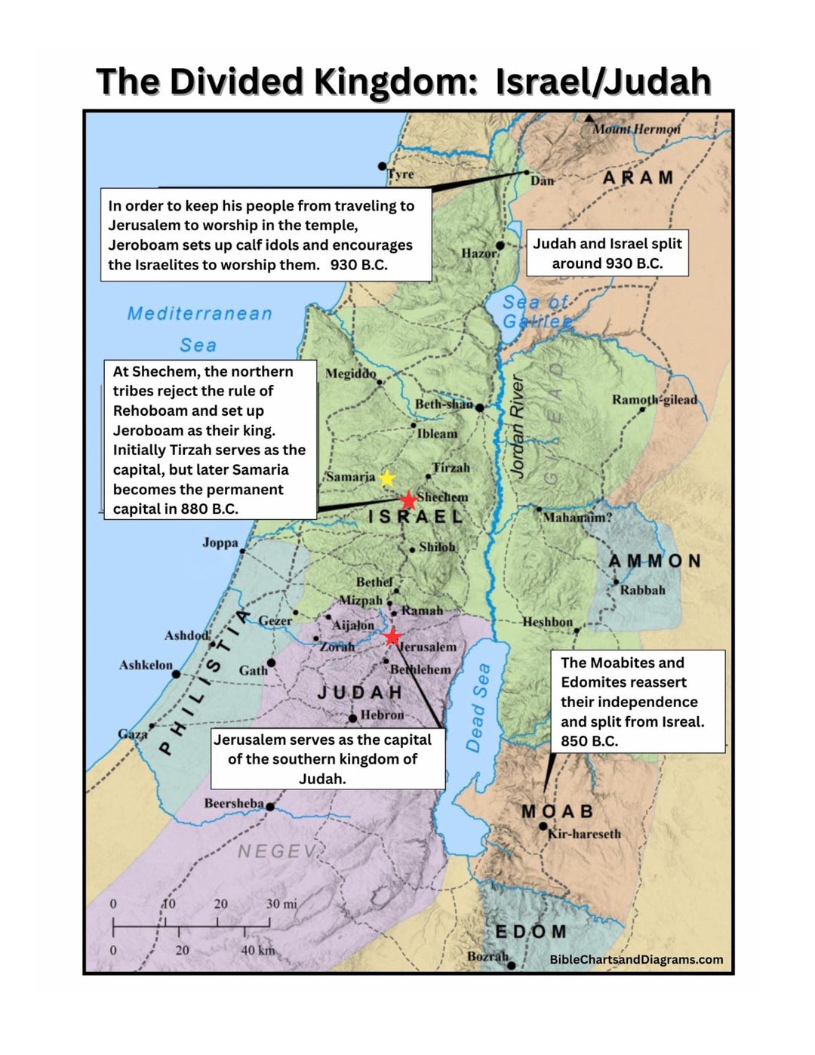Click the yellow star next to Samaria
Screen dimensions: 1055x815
pyautogui.click(x=386, y=478)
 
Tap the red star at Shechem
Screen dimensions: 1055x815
pyautogui.click(x=408, y=500)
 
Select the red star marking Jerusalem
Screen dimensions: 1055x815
pyautogui.click(x=392, y=638)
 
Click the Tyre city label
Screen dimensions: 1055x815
pyautogui.click(x=401, y=174)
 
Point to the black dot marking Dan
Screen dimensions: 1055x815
pyautogui.click(x=527, y=173)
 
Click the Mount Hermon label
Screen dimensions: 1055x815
pyautogui.click(x=636, y=129)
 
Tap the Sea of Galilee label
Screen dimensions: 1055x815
pyautogui.click(x=537, y=311)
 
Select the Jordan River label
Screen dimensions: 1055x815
pyautogui.click(x=518, y=426)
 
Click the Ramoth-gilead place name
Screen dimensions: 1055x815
pyautogui.click(x=654, y=399)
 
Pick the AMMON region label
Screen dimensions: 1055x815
pyautogui.click(x=655, y=561)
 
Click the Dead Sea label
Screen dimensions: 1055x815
pyautogui.click(x=478, y=708)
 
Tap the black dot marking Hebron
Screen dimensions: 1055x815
pyautogui.click(x=352, y=718)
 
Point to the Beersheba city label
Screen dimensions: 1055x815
pyautogui.click(x=233, y=803)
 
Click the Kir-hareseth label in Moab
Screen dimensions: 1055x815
pyautogui.click(x=584, y=834)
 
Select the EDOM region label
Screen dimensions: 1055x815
pyautogui.click(x=530, y=931)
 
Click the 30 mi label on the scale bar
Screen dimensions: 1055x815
pyautogui.click(x=281, y=903)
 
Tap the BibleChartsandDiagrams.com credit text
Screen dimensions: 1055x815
pyautogui.click(x=636, y=959)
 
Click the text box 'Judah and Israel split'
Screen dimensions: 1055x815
pyautogui.click(x=607, y=253)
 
